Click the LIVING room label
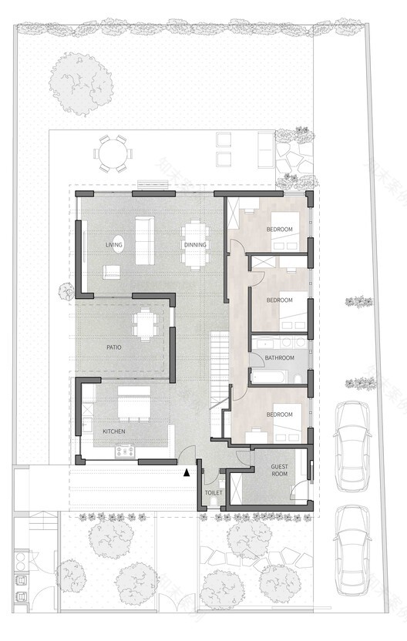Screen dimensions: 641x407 click(x=114, y=245)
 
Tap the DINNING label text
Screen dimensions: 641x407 click(x=194, y=245)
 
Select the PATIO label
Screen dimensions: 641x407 click(x=114, y=347)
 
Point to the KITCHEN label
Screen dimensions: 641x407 click(x=114, y=431)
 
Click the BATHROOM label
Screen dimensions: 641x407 click(x=278, y=358)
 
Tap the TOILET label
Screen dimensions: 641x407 click(x=213, y=492)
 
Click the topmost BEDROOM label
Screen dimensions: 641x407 click(x=279, y=230)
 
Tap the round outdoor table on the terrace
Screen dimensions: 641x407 click(x=111, y=153)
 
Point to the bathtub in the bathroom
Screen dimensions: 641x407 click(x=270, y=378)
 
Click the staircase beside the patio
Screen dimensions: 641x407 click(x=220, y=370)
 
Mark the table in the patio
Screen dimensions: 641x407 click(x=145, y=324)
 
